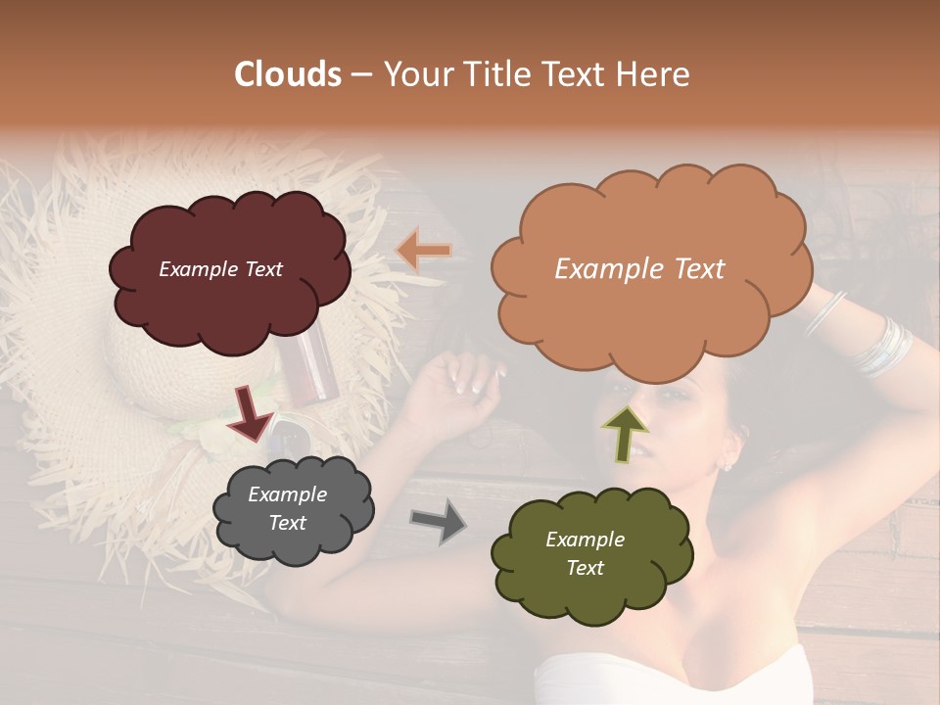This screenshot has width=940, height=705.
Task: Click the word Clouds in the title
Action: tap(288, 74)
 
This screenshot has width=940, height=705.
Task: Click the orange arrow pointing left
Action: tap(423, 251)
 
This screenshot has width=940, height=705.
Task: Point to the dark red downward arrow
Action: tap(251, 412)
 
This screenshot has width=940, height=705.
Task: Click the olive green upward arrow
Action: tap(625, 434)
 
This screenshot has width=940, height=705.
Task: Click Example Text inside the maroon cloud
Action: tap(220, 269)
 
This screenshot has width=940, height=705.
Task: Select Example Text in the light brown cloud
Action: tap(639, 269)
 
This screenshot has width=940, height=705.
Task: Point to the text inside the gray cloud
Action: tap(288, 509)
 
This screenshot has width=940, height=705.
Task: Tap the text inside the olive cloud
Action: tap(586, 553)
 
